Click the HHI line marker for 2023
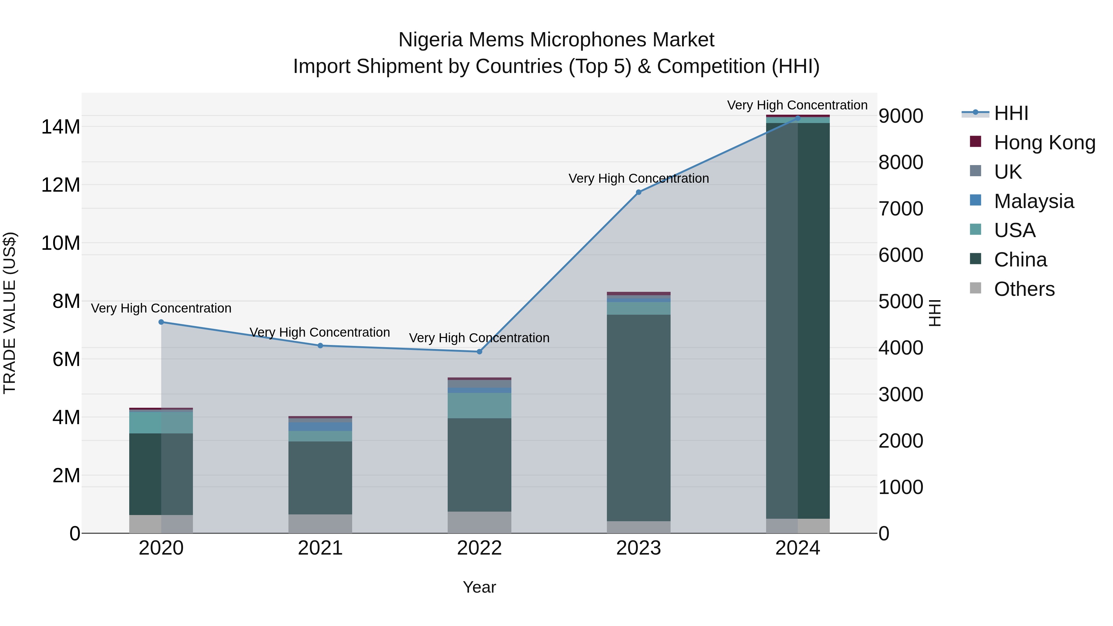(639, 192)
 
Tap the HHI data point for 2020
(161, 322)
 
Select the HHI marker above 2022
(479, 352)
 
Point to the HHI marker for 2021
(320, 346)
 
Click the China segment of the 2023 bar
(639, 417)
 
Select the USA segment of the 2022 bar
(479, 405)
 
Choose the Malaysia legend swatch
(976, 200)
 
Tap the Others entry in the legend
(1024, 289)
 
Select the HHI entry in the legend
(1011, 113)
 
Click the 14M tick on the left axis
(61, 127)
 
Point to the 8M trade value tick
(66, 301)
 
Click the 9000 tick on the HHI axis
(901, 116)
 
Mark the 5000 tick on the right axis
(901, 301)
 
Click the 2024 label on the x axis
(798, 548)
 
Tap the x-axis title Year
(479, 587)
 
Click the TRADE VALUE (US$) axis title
(10, 313)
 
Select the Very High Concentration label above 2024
(797, 105)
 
